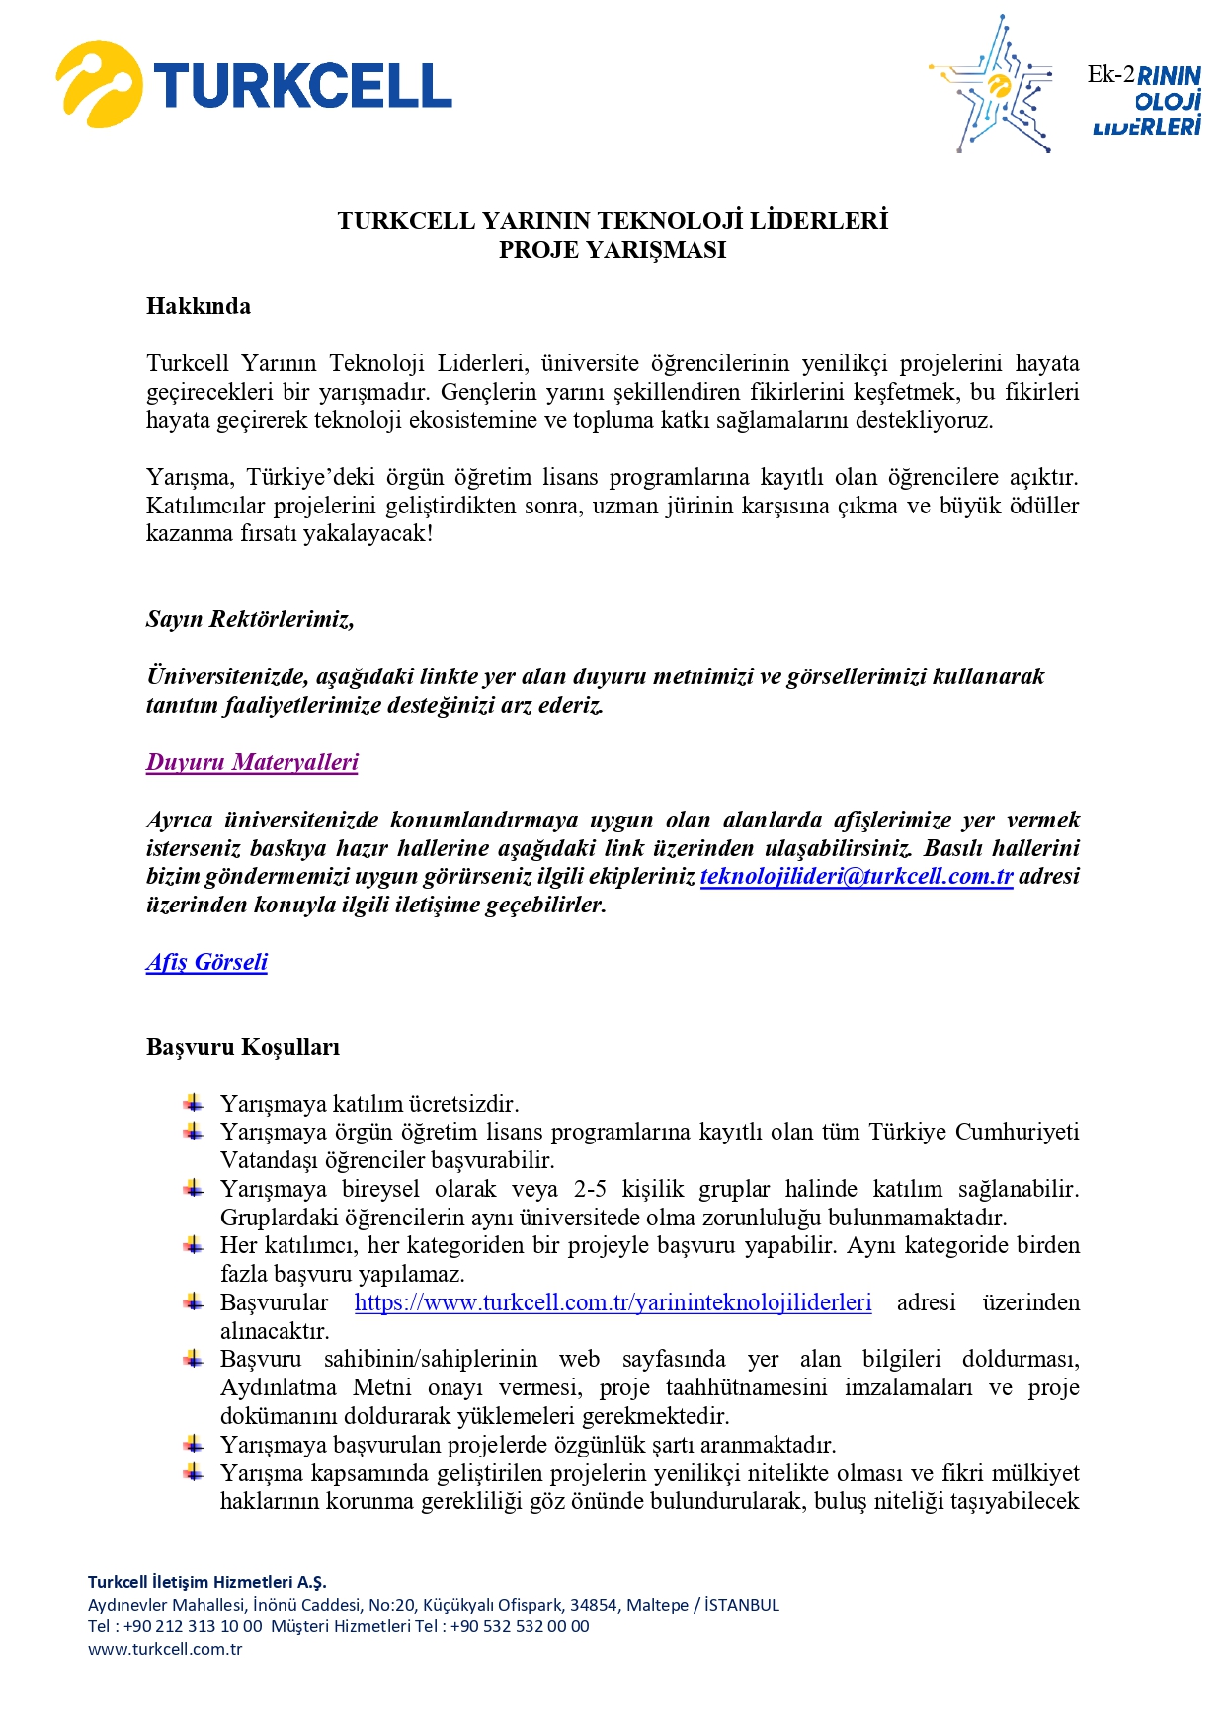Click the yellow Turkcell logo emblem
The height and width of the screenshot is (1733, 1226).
click(x=98, y=85)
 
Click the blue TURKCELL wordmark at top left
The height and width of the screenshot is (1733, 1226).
click(x=303, y=86)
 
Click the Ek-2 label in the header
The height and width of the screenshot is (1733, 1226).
click(x=1110, y=74)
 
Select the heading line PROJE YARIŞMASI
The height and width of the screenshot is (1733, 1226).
click(x=612, y=250)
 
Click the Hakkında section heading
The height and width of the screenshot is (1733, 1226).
click(x=199, y=306)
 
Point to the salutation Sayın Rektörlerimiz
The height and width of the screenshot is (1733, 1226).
click(x=250, y=619)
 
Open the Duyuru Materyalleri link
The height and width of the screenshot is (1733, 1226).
click(x=252, y=762)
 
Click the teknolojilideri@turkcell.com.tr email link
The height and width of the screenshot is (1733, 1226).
click(x=857, y=876)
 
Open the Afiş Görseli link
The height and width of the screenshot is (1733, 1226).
click(x=206, y=962)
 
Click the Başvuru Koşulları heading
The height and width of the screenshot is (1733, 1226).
click(x=243, y=1047)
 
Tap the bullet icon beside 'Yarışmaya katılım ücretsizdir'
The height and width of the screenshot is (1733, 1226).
click(x=194, y=1102)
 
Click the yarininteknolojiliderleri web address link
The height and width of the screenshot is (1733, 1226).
click(x=613, y=1302)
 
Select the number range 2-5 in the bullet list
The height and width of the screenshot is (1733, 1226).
click(x=591, y=1189)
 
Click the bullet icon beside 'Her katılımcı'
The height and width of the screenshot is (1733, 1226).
click(x=194, y=1244)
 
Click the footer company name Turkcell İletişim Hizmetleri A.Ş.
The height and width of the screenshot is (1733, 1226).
click(x=207, y=1582)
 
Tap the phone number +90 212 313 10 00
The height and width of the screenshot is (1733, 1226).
click(x=193, y=1626)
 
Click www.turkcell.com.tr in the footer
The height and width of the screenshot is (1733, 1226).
click(x=165, y=1649)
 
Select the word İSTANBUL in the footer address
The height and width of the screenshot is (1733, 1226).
click(x=742, y=1605)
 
